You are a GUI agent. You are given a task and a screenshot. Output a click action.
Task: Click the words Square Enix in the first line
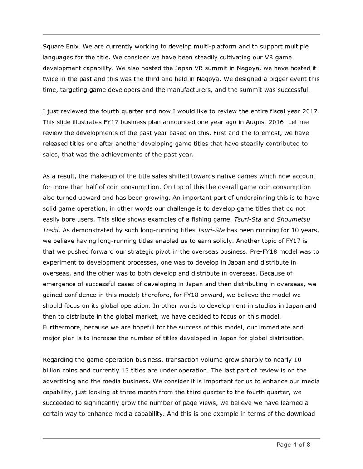click(61, 47)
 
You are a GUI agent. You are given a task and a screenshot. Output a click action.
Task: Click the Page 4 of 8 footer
click(294, 445)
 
